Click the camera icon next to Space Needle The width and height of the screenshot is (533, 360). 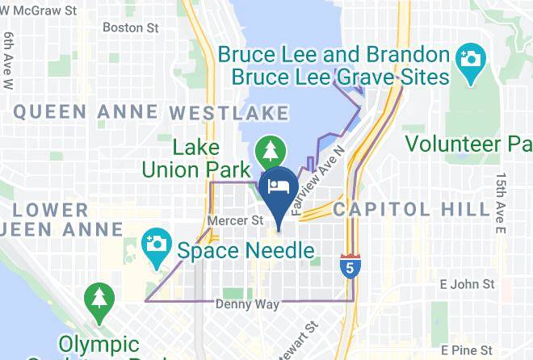tap(154, 241)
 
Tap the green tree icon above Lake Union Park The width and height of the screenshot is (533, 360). tap(266, 150)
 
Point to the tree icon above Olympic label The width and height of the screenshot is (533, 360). tap(99, 296)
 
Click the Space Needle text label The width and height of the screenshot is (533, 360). tap(246, 250)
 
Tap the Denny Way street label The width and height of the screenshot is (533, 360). tap(247, 304)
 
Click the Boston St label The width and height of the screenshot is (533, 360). tap(131, 27)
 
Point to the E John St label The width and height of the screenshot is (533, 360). tap(467, 284)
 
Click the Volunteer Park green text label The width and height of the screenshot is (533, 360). tap(468, 144)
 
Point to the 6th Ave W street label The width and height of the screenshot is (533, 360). tap(10, 61)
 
